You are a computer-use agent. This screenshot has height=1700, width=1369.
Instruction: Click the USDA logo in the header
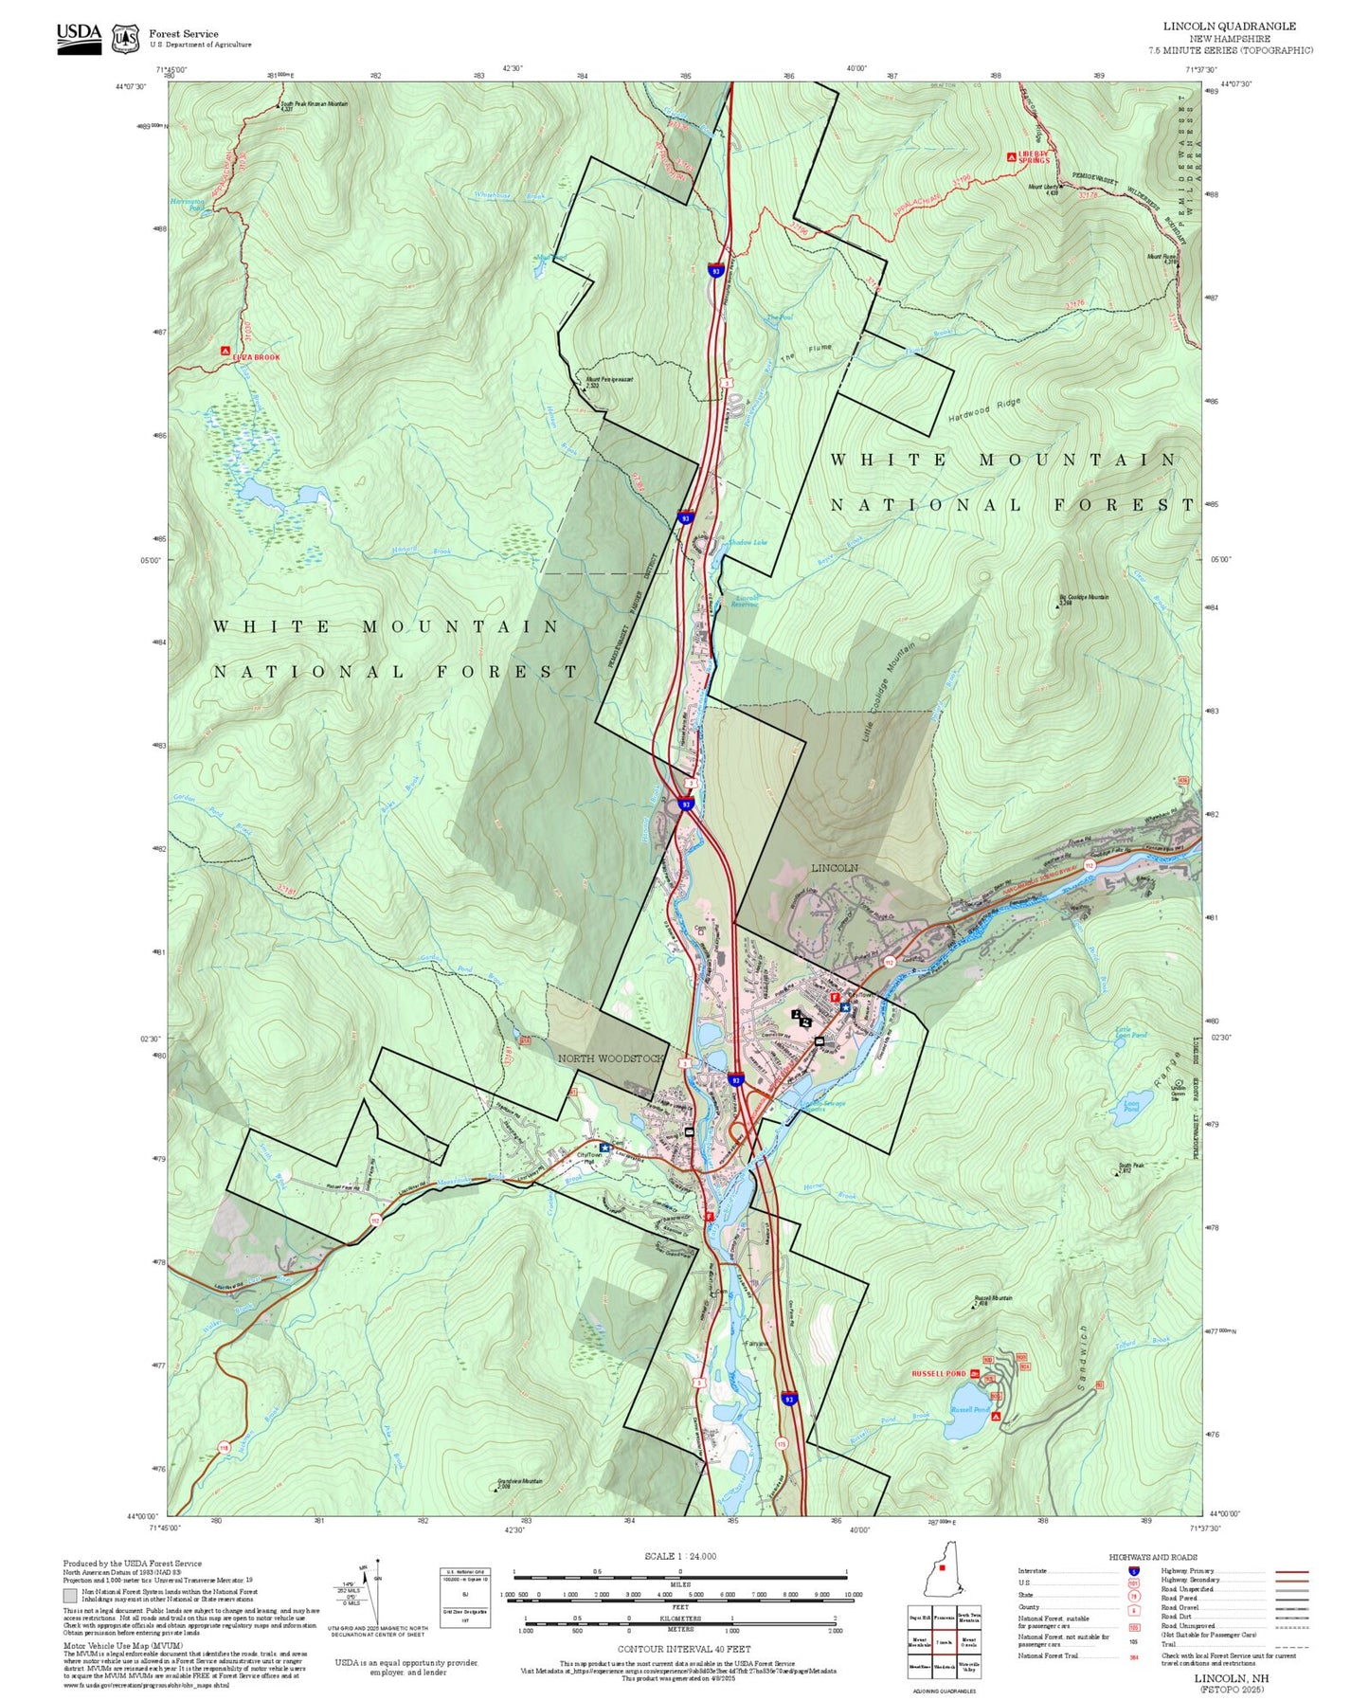[79, 38]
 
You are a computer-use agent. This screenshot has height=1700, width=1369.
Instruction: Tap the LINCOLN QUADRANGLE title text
[1229, 27]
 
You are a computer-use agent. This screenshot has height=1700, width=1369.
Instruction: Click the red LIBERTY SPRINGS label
[1034, 156]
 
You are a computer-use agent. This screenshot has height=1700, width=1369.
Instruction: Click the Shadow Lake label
[748, 542]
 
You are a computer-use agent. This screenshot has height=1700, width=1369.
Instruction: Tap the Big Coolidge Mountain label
[1084, 598]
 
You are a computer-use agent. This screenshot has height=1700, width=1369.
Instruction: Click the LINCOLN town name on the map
[835, 868]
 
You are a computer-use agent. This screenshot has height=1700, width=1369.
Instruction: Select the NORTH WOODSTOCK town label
[610, 1058]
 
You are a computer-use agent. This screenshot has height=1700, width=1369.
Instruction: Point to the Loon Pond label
[1131, 1105]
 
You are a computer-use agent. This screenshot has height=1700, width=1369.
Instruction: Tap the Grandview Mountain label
[520, 1482]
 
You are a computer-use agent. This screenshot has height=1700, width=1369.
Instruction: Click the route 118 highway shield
[225, 1448]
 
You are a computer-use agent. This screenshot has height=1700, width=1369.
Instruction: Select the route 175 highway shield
[782, 1443]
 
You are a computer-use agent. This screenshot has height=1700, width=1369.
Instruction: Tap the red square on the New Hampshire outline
[942, 1568]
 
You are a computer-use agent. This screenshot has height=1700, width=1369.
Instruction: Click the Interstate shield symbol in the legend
[1134, 1572]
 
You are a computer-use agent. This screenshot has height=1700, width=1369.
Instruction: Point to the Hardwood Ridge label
[984, 409]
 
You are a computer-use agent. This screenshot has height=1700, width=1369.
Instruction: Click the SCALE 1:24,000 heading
[680, 1556]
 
